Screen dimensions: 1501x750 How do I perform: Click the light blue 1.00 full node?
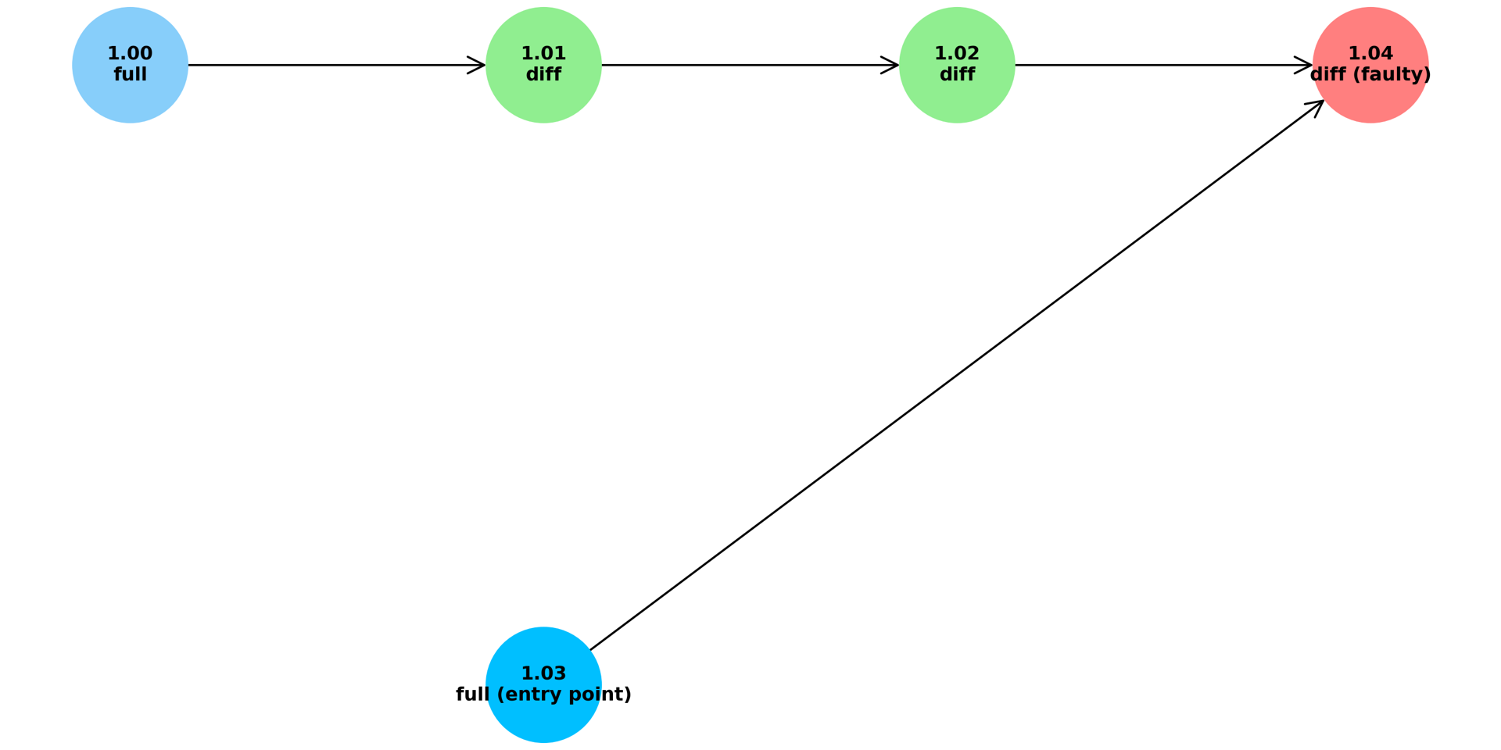point(130,65)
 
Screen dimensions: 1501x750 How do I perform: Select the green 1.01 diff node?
point(543,65)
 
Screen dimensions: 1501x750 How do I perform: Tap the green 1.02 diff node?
point(957,65)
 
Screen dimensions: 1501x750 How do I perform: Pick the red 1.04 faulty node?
point(1370,65)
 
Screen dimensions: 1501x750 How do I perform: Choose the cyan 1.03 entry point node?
point(543,684)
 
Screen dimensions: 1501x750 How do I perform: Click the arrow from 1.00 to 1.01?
point(337,65)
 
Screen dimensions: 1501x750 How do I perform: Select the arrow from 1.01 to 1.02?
point(750,65)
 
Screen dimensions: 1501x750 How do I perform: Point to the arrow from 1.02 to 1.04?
point(1164,65)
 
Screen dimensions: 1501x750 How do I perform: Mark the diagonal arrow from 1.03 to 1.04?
point(957,375)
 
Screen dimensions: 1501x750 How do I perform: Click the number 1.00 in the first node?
point(130,54)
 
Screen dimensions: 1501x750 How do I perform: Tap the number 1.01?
point(543,54)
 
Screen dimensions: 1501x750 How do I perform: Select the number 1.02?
point(957,54)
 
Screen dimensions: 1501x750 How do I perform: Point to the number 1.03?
point(543,673)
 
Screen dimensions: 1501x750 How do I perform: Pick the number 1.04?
point(1370,54)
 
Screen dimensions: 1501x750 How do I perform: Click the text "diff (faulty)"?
point(1370,75)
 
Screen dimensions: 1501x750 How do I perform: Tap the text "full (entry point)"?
point(543,695)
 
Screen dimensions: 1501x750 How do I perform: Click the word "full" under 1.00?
point(130,75)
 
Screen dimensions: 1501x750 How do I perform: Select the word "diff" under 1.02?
point(957,75)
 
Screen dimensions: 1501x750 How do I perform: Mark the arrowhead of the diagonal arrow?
point(1317,107)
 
